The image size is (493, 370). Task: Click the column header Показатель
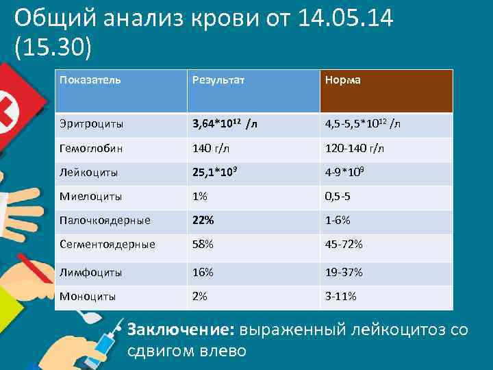click(90, 80)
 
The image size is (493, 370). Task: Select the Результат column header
click(218, 80)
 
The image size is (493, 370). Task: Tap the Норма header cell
click(342, 80)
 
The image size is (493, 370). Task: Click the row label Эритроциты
click(91, 125)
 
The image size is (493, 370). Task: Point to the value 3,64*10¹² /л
click(225, 124)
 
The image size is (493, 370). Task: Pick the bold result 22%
click(203, 221)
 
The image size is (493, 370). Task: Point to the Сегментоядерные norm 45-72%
click(344, 245)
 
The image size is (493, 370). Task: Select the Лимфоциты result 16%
click(203, 272)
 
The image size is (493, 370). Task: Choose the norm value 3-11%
click(340, 297)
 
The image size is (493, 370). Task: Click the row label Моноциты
click(88, 297)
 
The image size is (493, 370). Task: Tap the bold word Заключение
click(181, 330)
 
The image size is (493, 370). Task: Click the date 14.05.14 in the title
click(346, 18)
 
